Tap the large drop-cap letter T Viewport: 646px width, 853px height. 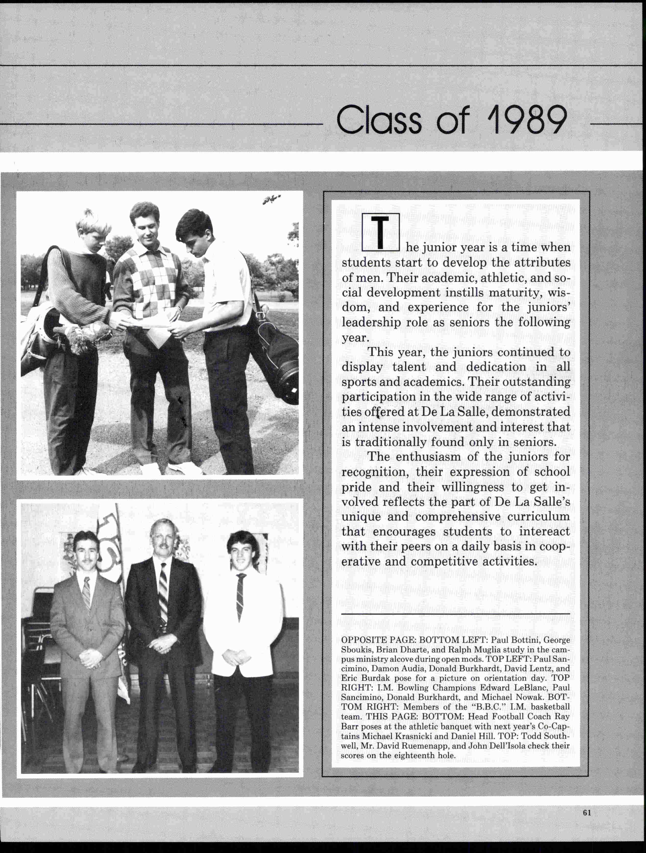coord(380,233)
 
